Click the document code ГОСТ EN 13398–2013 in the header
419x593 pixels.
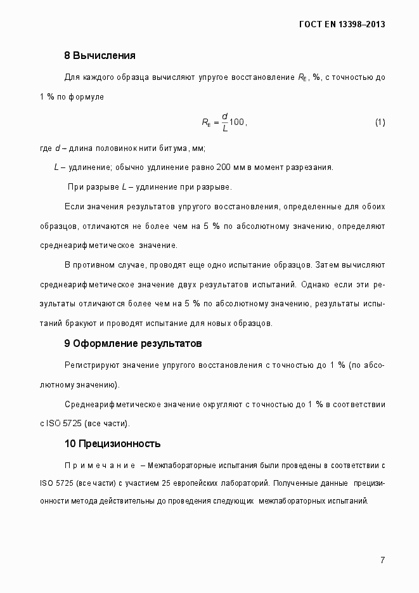click(x=342, y=25)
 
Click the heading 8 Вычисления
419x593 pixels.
click(x=100, y=55)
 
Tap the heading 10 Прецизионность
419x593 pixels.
click(x=112, y=443)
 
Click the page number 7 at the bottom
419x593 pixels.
click(x=382, y=560)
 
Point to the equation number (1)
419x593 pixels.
click(x=380, y=122)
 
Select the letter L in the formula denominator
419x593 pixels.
click(x=224, y=129)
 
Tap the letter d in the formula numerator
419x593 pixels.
click(x=224, y=115)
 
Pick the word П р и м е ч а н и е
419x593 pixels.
click(x=98, y=466)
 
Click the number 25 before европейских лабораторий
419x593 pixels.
click(x=167, y=483)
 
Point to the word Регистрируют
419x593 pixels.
click(x=89, y=365)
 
